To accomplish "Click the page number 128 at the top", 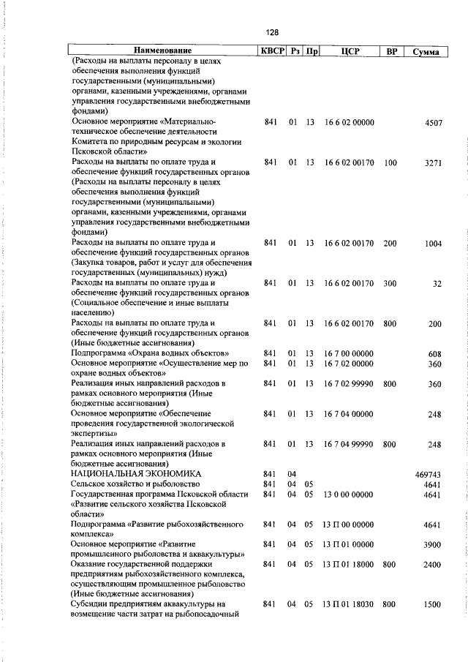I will coord(272,32).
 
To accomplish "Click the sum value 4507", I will coord(434,123).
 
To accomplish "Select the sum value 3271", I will coord(434,163).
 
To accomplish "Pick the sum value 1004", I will coord(434,243).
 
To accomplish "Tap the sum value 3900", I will coord(434,545).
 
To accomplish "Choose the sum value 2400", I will coord(434,565).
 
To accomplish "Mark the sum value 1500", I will coord(434,605).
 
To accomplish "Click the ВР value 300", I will coord(390,283).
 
